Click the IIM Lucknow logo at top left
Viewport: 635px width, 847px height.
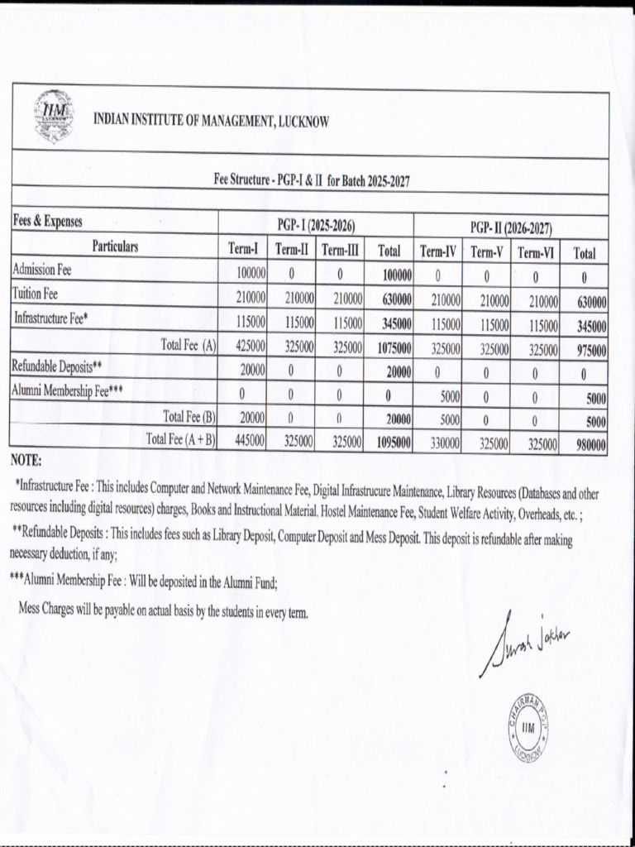pyautogui.click(x=54, y=117)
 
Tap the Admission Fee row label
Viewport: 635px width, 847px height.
pyautogui.click(x=42, y=270)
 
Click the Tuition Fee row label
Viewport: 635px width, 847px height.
pyautogui.click(x=36, y=294)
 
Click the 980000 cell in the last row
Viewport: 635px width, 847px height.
pyautogui.click(x=590, y=445)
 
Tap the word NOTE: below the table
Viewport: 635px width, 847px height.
pyautogui.click(x=26, y=460)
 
